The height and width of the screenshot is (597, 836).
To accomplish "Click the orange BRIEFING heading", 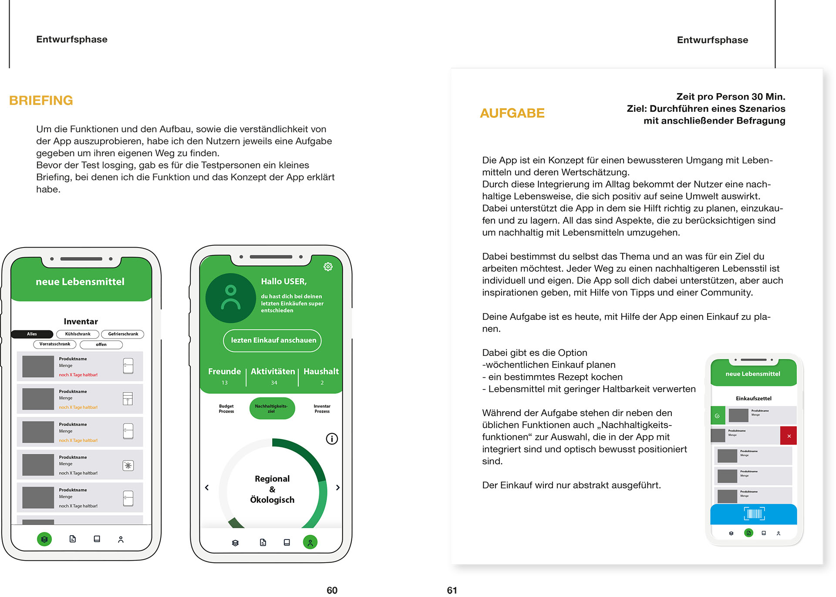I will [x=41, y=101].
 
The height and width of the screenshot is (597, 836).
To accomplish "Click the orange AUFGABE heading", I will [x=512, y=113].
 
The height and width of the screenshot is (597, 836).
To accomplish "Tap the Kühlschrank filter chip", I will [x=78, y=334].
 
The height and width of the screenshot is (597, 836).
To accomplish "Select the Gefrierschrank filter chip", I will [x=123, y=334].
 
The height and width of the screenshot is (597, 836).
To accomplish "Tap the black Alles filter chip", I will [x=32, y=334].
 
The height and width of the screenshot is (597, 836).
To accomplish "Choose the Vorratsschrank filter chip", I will [x=55, y=344].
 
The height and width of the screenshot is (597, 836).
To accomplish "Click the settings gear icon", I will [x=328, y=267].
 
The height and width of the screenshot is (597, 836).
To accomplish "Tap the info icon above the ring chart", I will [x=332, y=439].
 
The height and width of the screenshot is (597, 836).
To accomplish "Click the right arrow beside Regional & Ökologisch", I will [x=338, y=488].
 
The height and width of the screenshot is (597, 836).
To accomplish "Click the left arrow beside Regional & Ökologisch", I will [x=207, y=488].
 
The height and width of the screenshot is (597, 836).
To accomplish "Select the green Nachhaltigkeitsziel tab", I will [x=272, y=409].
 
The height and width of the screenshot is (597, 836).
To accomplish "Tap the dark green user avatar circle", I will [x=230, y=298].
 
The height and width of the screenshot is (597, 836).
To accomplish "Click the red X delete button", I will [x=789, y=436].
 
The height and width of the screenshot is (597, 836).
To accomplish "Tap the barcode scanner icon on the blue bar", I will [x=754, y=514].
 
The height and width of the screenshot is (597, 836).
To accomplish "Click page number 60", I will [x=332, y=590].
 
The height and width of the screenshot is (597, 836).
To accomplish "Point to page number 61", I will [x=452, y=590].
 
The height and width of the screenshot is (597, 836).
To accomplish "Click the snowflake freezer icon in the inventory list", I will [x=128, y=466].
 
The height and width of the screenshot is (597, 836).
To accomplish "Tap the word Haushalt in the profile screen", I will [x=321, y=371].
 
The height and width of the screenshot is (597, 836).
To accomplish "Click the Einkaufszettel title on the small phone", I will [x=753, y=398].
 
